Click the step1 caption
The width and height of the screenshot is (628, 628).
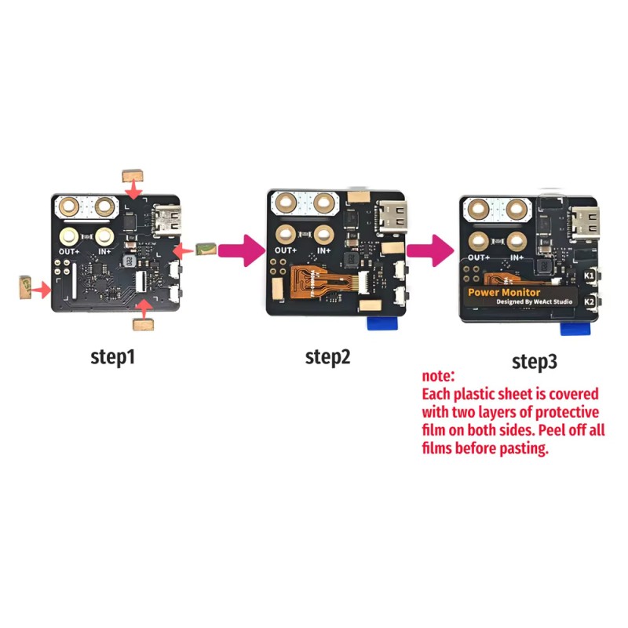(x=112, y=357)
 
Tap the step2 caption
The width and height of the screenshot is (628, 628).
(x=327, y=357)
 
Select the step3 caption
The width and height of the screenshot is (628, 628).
(x=535, y=362)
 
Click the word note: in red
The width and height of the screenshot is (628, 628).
(x=438, y=376)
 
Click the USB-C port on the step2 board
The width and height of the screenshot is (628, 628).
(x=391, y=217)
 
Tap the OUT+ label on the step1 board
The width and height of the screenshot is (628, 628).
(x=69, y=251)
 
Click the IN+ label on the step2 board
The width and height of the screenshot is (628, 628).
(x=324, y=250)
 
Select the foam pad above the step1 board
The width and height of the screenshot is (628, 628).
(x=133, y=175)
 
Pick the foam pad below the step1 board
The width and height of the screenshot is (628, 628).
(x=143, y=324)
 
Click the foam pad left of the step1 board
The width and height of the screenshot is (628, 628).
(x=25, y=287)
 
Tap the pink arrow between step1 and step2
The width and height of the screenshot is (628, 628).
(x=243, y=250)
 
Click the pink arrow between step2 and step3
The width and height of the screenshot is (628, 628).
(x=430, y=250)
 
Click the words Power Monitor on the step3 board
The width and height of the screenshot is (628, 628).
(x=504, y=292)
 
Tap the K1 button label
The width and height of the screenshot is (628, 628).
(x=589, y=276)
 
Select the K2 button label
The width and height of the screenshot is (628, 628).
(x=589, y=301)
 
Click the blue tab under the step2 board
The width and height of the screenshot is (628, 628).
(x=383, y=323)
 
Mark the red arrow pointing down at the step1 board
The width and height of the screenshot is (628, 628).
(x=133, y=190)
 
